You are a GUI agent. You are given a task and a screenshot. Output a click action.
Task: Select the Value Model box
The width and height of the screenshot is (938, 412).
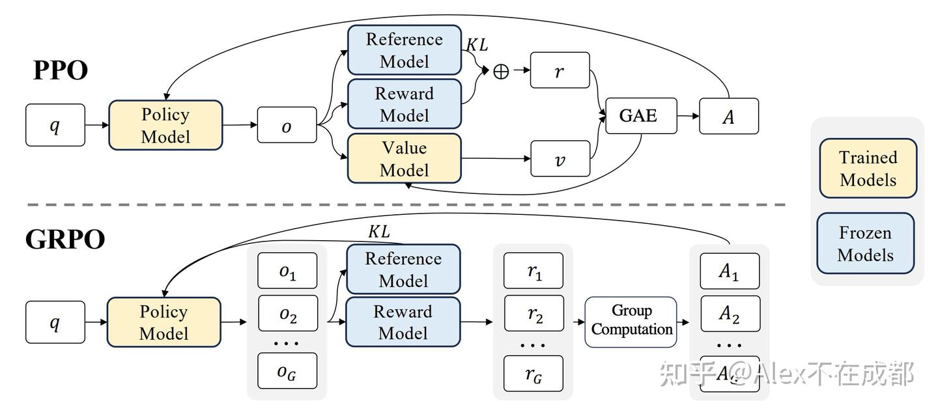click(x=404, y=159)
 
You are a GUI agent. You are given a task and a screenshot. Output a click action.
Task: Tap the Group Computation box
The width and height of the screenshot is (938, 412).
click(x=631, y=321)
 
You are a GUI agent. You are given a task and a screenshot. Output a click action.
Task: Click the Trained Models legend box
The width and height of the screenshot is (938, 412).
click(x=868, y=168)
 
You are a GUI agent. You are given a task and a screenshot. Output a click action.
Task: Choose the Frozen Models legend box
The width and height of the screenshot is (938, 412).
click(x=865, y=243)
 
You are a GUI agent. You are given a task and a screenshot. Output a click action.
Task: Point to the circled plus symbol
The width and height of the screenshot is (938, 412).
click(x=500, y=72)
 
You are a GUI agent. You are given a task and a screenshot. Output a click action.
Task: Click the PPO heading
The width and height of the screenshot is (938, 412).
click(x=61, y=70)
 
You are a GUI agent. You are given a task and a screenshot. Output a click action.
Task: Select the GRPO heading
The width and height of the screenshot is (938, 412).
click(x=65, y=240)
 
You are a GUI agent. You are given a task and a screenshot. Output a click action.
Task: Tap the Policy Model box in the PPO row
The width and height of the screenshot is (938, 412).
click(x=165, y=126)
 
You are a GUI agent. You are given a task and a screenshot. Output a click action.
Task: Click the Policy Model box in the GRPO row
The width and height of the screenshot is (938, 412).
click(x=164, y=322)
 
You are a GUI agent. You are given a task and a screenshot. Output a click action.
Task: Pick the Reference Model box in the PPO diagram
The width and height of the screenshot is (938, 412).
click(x=404, y=50)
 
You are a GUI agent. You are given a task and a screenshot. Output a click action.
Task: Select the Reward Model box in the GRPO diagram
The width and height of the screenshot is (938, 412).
click(x=403, y=322)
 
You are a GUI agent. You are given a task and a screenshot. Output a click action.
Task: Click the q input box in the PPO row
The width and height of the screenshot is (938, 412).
click(x=55, y=125)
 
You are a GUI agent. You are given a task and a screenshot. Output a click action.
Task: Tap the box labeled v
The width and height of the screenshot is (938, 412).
click(x=560, y=159)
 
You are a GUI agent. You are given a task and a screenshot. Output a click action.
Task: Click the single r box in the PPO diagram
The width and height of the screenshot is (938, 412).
click(x=560, y=70)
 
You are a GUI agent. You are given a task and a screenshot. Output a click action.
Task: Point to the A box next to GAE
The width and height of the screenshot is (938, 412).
click(x=729, y=117)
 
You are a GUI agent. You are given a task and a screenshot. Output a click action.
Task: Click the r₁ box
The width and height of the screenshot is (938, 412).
click(x=534, y=271)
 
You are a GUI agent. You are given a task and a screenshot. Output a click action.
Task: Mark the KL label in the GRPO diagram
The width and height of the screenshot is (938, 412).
click(x=378, y=231)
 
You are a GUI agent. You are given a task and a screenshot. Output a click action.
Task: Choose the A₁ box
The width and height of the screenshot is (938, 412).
click(x=730, y=271)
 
